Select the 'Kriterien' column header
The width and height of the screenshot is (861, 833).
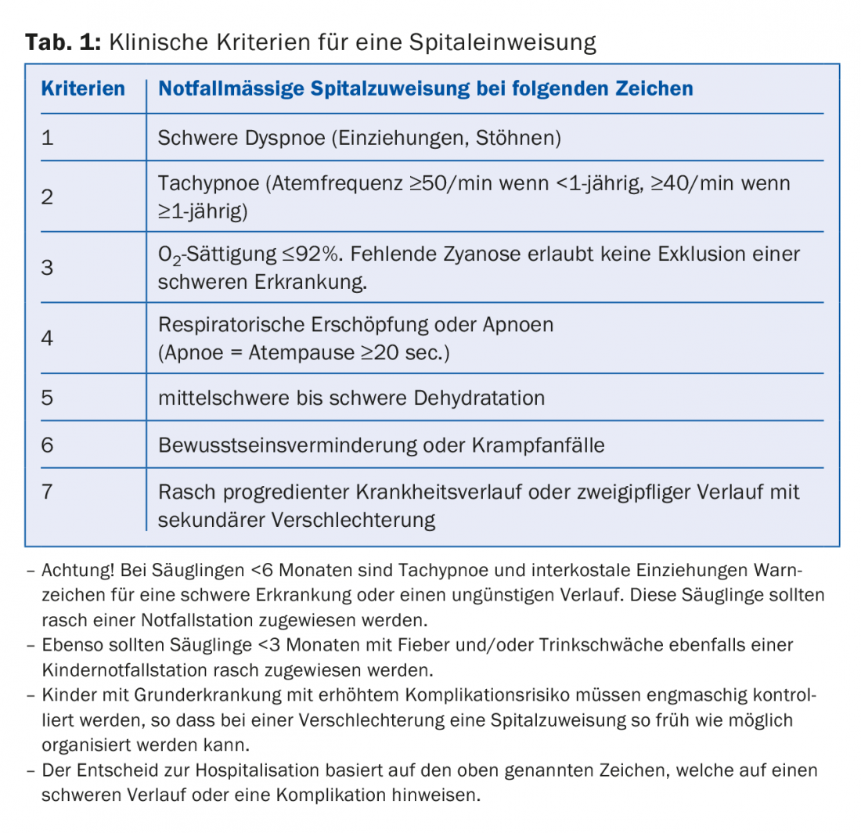[82, 88]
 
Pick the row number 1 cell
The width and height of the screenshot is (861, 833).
[48, 139]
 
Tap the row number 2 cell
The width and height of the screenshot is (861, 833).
[48, 197]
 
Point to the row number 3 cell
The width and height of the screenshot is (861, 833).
[48, 267]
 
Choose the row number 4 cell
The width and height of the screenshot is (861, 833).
[48, 338]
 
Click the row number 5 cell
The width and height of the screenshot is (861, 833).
[48, 397]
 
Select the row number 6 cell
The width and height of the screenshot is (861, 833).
[48, 445]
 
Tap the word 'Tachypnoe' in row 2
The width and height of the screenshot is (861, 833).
[207, 184]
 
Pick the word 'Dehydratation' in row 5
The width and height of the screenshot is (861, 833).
[478, 398]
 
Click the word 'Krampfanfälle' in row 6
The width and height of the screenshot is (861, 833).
[538, 445]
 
